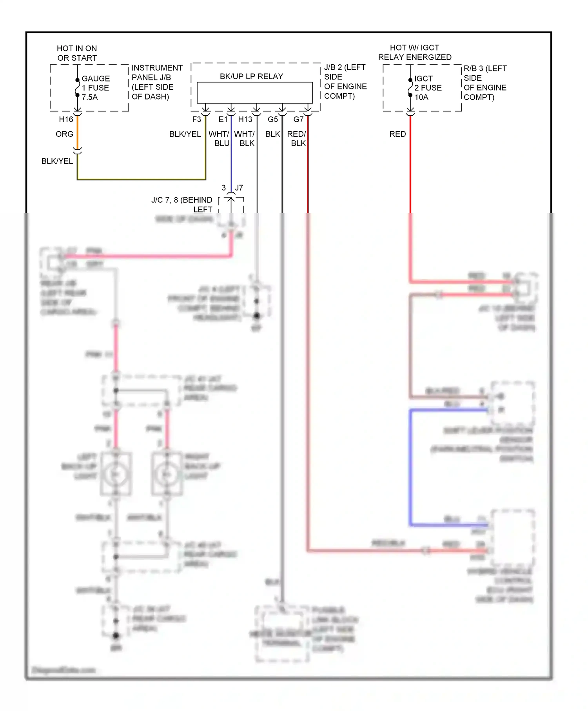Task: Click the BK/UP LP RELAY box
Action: [254, 93]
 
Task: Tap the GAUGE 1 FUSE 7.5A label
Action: [95, 88]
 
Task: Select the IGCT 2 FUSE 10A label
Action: [428, 88]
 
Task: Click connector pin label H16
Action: [66, 120]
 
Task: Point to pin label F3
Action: [196, 120]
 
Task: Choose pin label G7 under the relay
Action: [298, 120]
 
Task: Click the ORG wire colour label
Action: [64, 134]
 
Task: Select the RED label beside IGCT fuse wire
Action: [397, 134]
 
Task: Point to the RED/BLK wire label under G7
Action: [297, 139]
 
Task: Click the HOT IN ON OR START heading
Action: [77, 53]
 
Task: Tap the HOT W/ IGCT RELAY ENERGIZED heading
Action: [414, 52]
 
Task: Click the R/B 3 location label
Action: [485, 83]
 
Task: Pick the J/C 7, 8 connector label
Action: [182, 205]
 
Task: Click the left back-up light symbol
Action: [116, 474]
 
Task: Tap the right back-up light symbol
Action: [167, 474]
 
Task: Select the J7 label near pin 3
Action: [239, 188]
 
